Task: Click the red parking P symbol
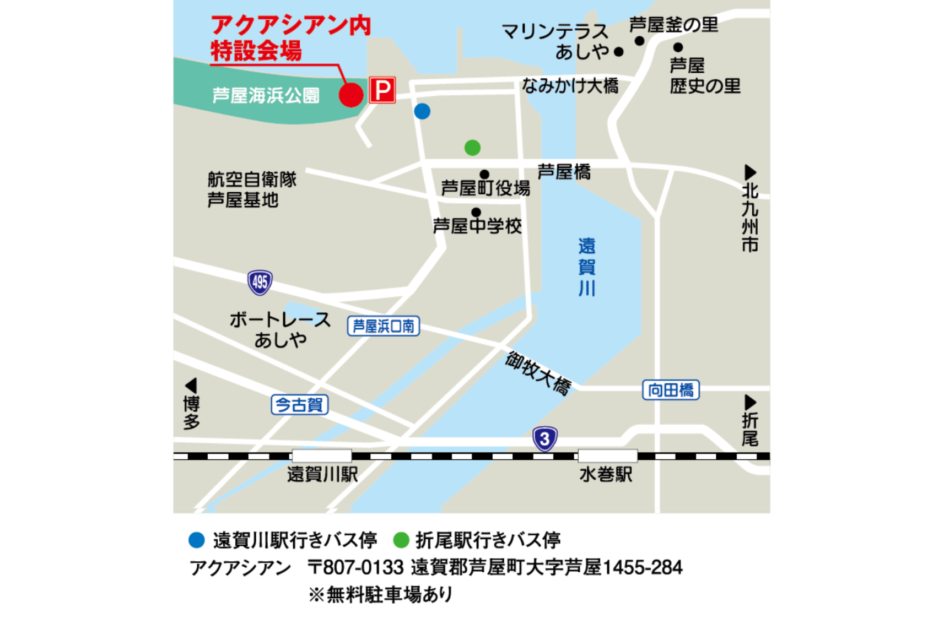pos(382,90)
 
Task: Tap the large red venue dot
pos(351,95)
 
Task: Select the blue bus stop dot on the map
pos(422,111)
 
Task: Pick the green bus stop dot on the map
pos(472,148)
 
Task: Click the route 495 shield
pos(260,283)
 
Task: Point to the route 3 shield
pos(544,439)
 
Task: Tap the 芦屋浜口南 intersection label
pos(384,326)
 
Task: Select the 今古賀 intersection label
pos(300,405)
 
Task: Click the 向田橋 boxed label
pos(671,390)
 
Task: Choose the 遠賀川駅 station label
pos(322,474)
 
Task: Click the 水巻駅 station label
pos(606,474)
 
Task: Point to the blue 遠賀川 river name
pos(586,267)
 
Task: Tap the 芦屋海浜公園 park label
pos(266,96)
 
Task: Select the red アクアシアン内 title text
pos(291,26)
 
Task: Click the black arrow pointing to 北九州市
pos(749,172)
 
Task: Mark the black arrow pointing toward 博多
pos(191,385)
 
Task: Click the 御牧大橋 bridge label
pos(538,373)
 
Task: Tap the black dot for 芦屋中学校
pos(476,212)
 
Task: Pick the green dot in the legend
pos(401,540)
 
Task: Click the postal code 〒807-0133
pos(355,567)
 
